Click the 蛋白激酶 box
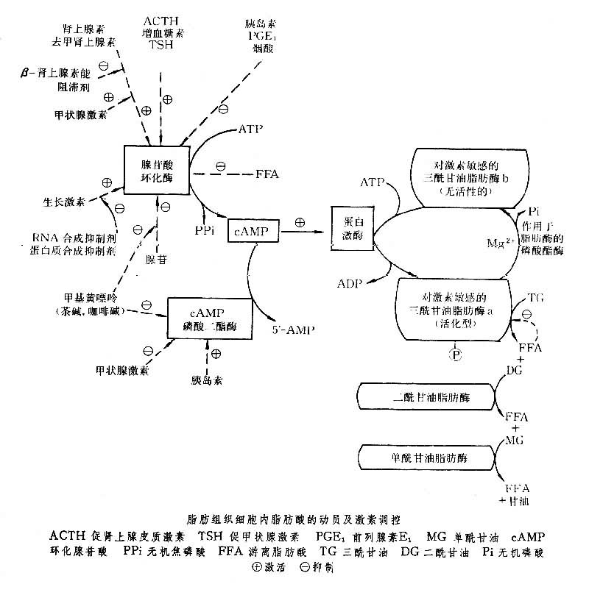coord(348,232)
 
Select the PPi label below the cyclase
coord(205,230)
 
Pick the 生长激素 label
coord(64,201)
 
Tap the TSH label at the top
coord(163,46)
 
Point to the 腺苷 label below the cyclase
coord(156,260)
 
